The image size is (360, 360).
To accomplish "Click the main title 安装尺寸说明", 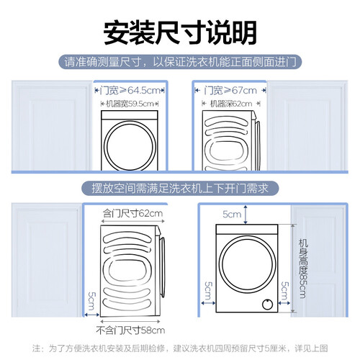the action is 180,33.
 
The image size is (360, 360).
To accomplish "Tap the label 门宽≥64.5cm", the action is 130,91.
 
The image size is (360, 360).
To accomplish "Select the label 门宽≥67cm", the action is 230,91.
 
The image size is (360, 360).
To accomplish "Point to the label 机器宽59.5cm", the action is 130,104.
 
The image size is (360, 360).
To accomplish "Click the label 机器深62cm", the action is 231,104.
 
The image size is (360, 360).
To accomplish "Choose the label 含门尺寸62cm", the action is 132,213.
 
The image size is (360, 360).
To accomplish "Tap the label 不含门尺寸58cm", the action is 130,330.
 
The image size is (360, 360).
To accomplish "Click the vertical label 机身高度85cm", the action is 303,269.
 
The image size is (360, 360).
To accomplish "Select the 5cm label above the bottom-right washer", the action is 232,214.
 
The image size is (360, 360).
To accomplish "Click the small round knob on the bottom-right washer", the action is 267,305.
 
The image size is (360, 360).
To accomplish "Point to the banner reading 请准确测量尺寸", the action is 180,62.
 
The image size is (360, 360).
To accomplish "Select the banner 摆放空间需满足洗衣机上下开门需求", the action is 180,188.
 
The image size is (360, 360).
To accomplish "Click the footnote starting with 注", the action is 180,348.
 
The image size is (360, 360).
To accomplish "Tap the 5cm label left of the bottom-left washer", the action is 92,300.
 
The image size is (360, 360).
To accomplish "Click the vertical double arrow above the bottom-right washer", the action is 246,215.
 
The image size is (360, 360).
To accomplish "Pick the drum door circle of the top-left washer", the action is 104,145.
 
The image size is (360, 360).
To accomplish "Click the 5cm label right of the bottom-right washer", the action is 285,291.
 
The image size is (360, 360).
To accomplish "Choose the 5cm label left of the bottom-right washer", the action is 208,291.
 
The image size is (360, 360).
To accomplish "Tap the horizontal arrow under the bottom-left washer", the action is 130,321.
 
